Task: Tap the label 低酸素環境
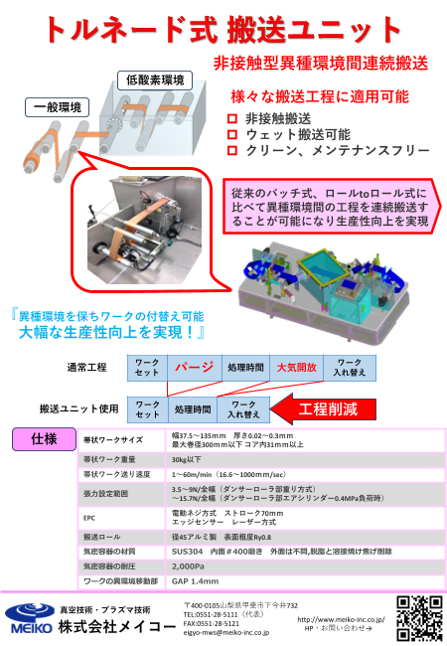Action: click(x=154, y=79)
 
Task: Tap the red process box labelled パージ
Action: click(x=195, y=367)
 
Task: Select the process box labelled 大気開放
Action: click(x=296, y=367)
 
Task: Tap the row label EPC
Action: click(x=89, y=517)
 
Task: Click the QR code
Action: click(x=416, y=615)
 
